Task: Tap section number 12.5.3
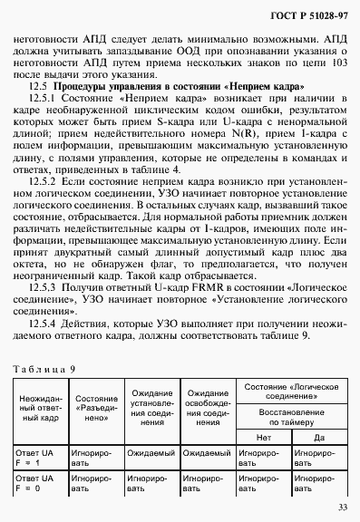[45, 286]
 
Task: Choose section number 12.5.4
[45, 323]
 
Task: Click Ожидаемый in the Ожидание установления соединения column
[150, 450]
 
